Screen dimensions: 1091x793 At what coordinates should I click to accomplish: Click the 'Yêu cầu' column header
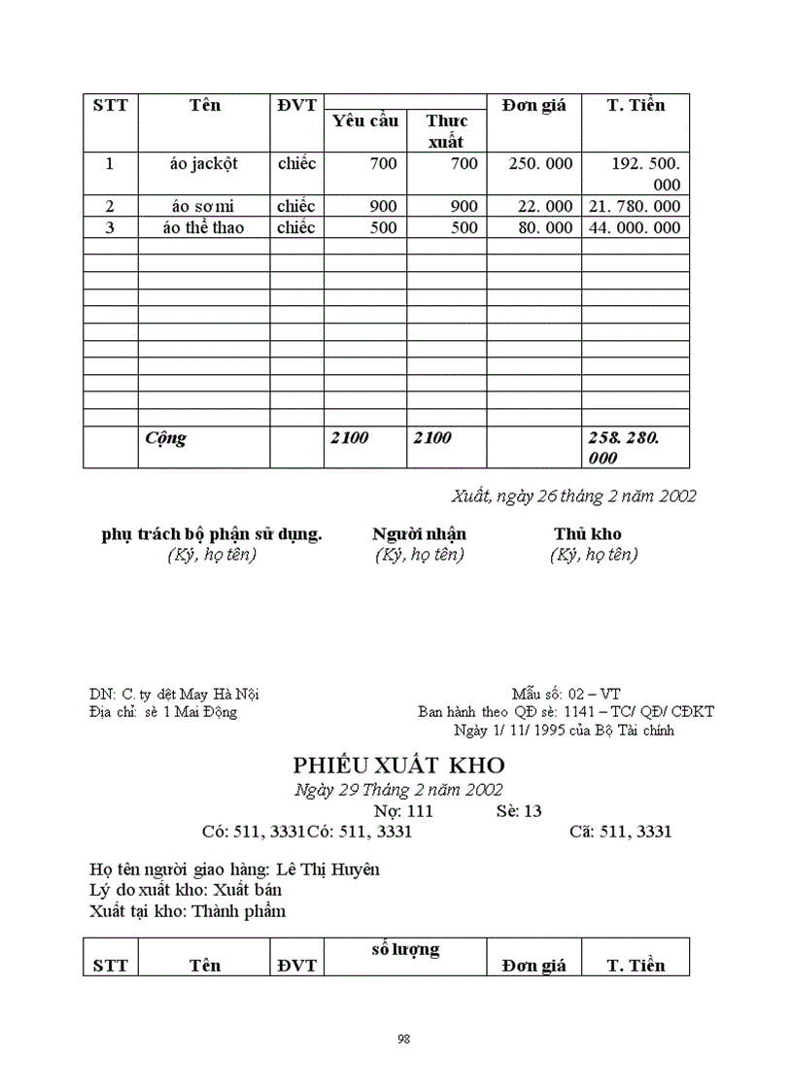pos(365,121)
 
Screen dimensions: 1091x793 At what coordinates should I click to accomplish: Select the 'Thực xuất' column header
pos(447,131)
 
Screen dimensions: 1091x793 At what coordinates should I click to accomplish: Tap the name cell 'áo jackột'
pos(203,164)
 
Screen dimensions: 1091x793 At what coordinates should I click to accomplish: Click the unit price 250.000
pos(540,164)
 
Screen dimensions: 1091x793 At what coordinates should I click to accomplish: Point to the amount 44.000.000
pos(636,228)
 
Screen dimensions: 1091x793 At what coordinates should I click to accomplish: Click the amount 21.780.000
pos(636,207)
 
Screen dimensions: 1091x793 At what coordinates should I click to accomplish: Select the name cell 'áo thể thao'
pos(203,228)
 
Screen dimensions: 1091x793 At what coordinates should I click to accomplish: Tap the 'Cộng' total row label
pos(165,438)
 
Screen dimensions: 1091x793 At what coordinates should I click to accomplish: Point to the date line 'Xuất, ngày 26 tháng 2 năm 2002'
pos(573,495)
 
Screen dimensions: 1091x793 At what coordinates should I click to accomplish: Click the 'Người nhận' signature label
pos(419,534)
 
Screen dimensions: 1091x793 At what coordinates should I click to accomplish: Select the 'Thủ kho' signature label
pos(588,534)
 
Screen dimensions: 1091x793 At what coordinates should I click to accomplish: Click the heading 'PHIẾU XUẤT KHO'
pos(398,766)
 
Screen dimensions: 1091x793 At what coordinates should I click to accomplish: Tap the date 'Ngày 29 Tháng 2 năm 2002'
pos(398,790)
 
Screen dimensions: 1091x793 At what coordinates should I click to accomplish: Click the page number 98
pos(403,1040)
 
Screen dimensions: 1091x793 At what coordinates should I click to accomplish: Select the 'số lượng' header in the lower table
pos(405,949)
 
